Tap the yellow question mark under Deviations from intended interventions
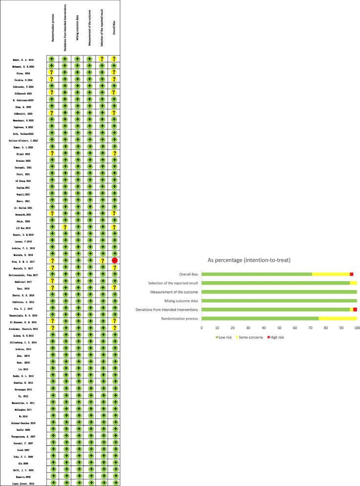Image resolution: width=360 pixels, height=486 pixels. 64,227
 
